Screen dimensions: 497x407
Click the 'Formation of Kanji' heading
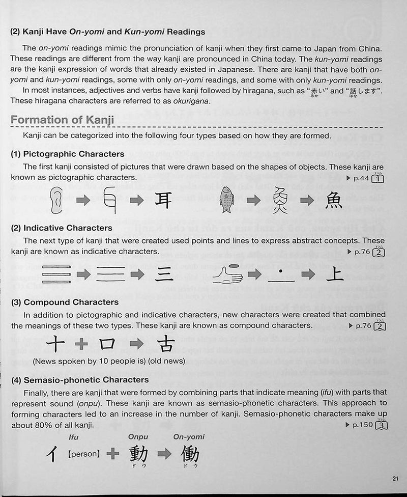[x=62, y=120]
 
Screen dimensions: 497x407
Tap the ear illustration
[x=57, y=200]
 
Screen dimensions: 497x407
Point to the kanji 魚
[x=334, y=200]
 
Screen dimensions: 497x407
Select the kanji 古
[x=166, y=344]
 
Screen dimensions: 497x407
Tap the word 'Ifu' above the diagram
[x=75, y=436]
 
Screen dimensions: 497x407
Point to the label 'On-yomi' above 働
[x=189, y=436]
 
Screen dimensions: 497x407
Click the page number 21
[x=396, y=478]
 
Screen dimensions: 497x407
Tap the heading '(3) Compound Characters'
[x=65, y=302]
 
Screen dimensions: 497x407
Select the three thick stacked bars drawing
[x=56, y=274]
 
